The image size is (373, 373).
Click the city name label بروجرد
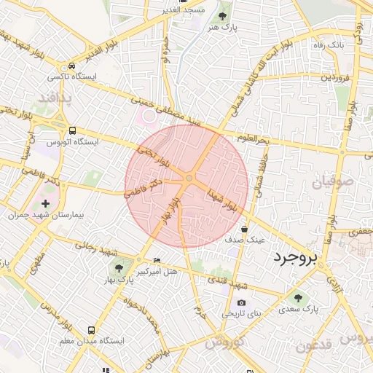pyautogui.click(x=299, y=258)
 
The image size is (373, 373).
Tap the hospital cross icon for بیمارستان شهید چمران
pyautogui.click(x=47, y=203)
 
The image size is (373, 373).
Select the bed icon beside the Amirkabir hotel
pyautogui.click(x=158, y=260)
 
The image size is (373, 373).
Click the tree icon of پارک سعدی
pyautogui.click(x=297, y=297)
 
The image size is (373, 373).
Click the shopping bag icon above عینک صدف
pyautogui.click(x=254, y=228)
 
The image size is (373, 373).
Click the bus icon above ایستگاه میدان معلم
pyautogui.click(x=91, y=329)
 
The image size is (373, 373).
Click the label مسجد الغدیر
pyautogui.click(x=185, y=10)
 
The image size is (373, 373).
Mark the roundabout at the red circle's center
pyautogui.click(x=189, y=178)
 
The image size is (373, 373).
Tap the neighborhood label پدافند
pyautogui.click(x=55, y=97)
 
